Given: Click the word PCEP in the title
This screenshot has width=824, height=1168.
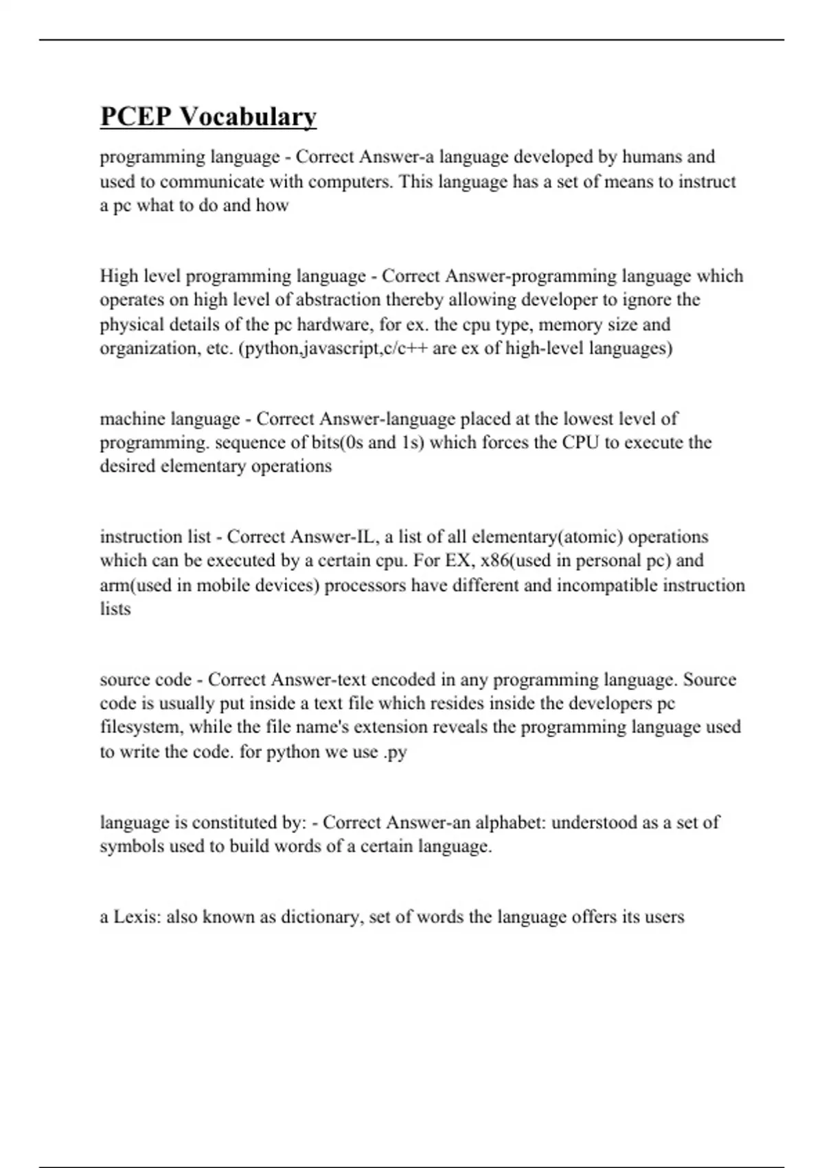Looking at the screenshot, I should pos(135,116).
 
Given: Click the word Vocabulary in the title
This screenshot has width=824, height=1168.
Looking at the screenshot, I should pos(248,117).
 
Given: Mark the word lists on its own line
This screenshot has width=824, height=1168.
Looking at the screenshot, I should pos(115,609).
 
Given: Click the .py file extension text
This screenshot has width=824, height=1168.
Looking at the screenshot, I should pos(395,752).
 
